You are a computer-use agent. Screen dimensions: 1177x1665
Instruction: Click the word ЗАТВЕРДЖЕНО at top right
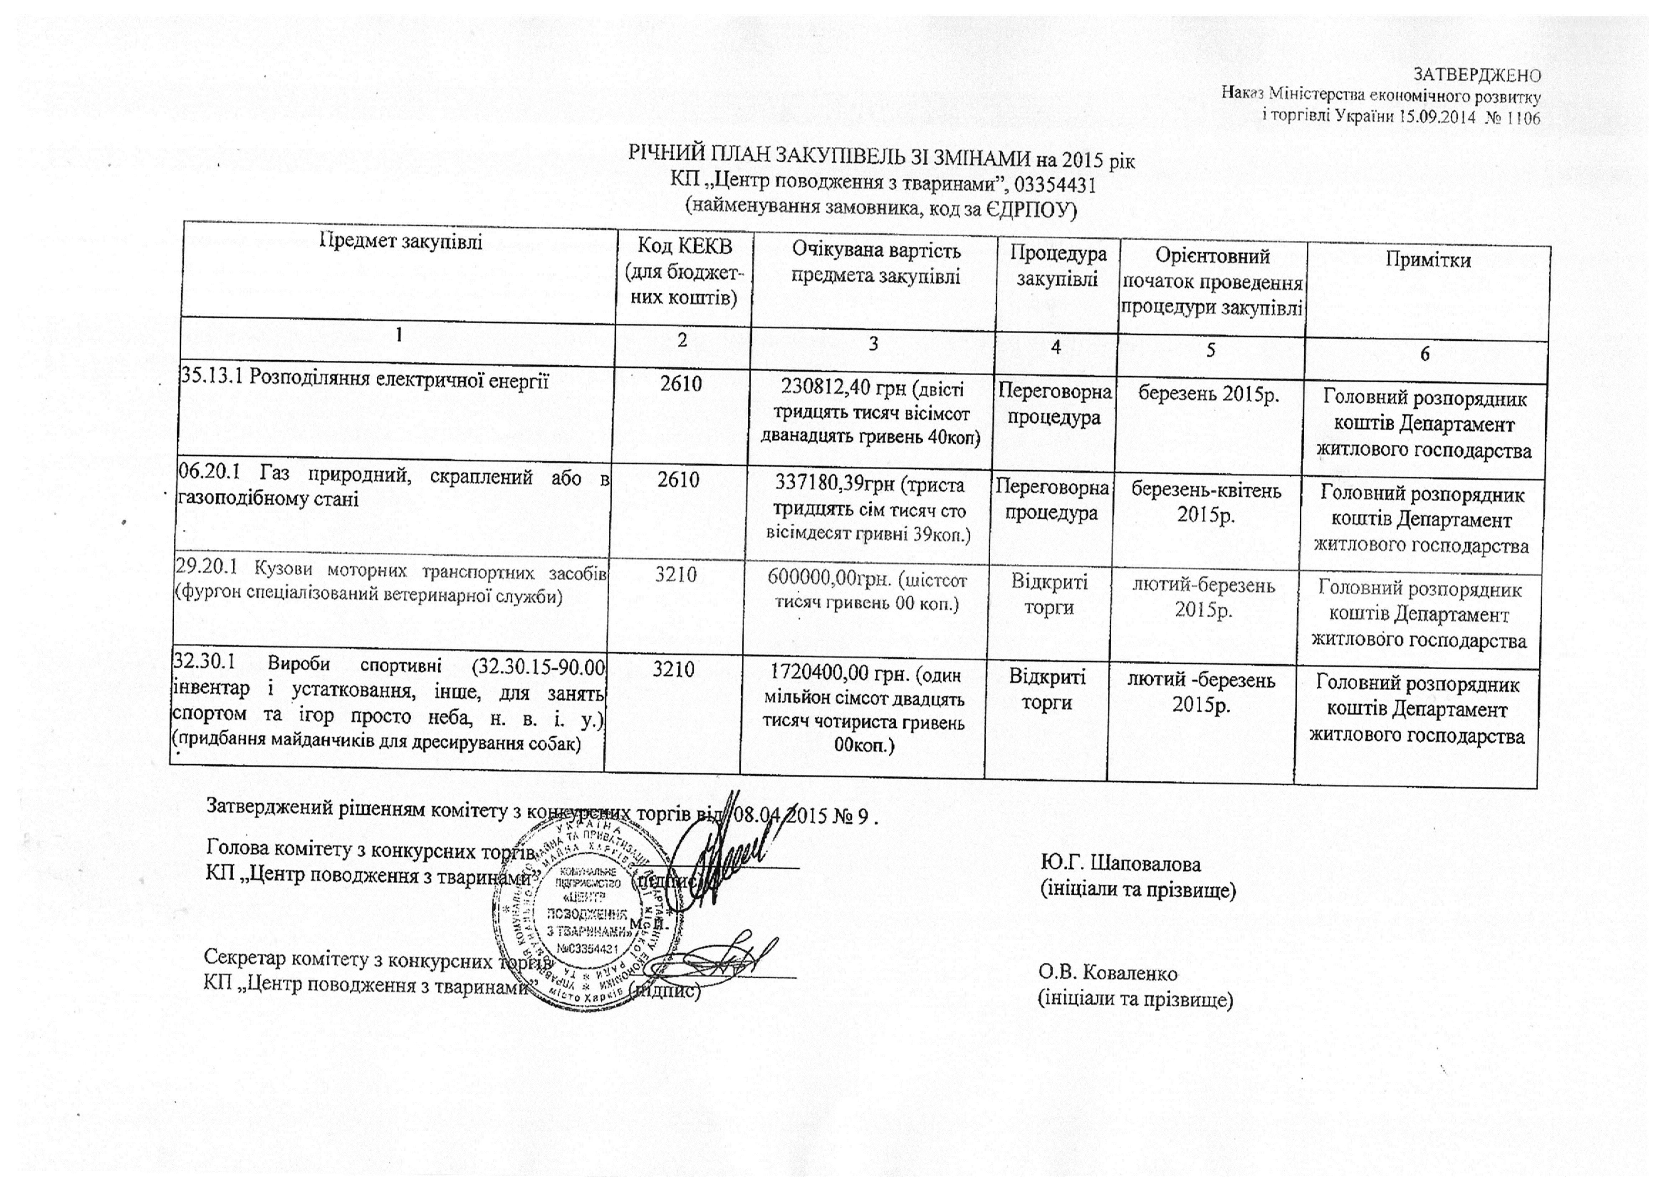1477,75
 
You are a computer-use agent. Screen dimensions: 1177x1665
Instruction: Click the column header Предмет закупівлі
401,241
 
